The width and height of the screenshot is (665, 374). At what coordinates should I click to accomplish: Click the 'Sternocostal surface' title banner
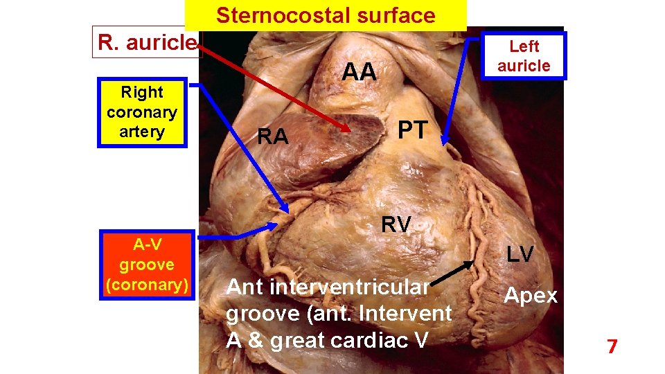pos(326,15)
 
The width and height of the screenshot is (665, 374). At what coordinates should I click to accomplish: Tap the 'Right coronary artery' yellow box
pos(142,112)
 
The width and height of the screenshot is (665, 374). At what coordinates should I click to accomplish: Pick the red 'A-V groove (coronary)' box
pos(147,264)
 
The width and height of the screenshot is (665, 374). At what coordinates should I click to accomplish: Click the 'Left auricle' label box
pos(524,56)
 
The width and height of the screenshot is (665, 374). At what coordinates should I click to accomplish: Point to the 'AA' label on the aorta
pos(360,71)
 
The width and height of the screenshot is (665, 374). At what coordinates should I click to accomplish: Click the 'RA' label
pos(272,137)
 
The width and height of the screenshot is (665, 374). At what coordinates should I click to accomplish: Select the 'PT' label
pos(414,129)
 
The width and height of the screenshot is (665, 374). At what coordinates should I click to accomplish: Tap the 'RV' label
pos(397,224)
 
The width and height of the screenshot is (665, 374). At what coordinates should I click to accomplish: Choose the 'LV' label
pos(520,254)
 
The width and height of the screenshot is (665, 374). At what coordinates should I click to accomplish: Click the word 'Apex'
pos(530,296)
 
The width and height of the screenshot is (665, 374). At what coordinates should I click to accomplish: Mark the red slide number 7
pos(612,346)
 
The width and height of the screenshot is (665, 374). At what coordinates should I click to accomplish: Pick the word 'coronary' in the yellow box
pos(142,112)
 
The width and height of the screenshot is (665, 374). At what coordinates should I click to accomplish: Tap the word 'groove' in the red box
pos(147,264)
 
